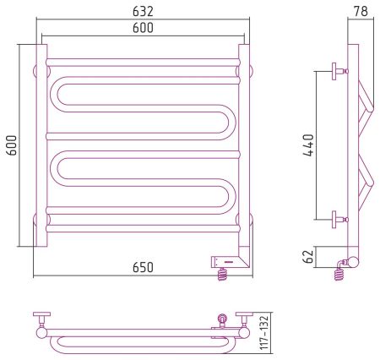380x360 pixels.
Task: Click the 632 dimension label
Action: click(143, 11)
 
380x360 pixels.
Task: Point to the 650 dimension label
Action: click(143, 267)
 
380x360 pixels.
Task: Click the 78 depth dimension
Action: click(361, 11)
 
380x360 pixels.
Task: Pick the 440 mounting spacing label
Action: click(308, 145)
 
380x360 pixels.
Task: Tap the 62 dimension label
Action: click(309, 256)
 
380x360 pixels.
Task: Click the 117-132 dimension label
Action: click(264, 333)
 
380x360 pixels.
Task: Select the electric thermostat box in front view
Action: click(225, 262)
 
